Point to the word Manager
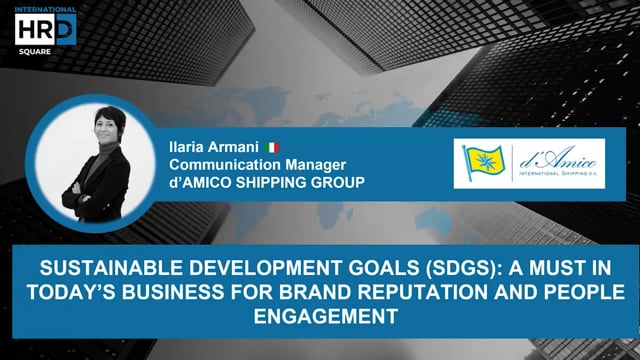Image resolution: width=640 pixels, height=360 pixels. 302,165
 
